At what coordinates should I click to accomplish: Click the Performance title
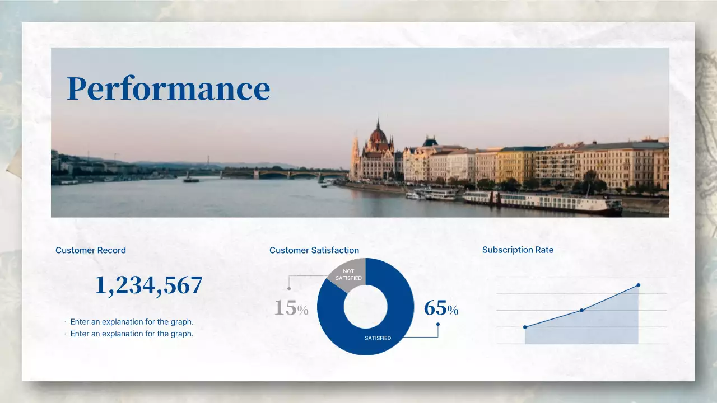pos(168,88)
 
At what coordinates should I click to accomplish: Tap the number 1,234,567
pos(148,285)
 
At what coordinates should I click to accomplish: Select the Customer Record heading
pos(91,250)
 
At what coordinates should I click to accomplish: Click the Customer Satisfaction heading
pos(314,250)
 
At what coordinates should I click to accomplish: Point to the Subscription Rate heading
pos(518,250)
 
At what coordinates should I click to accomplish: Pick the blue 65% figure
pos(441,308)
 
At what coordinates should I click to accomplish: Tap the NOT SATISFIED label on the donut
pos(348,275)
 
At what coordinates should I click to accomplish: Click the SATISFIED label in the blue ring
pos(378,338)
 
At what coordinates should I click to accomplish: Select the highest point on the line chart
pos(638,285)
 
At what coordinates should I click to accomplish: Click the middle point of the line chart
pos(581,310)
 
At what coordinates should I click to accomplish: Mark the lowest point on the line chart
pos(525,327)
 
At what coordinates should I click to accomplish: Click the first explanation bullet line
pos(132,322)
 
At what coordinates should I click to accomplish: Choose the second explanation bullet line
pos(132,334)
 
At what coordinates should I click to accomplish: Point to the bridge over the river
pos(280,174)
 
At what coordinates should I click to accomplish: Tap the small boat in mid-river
pos(191,179)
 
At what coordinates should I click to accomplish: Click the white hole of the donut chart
pos(365,307)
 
